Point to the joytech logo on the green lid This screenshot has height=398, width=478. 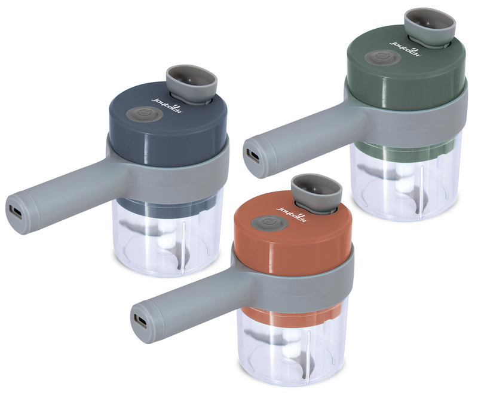tap(406, 48)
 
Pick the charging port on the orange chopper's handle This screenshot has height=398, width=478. tap(141, 321)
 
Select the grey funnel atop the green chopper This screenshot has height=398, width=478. tap(430, 28)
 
